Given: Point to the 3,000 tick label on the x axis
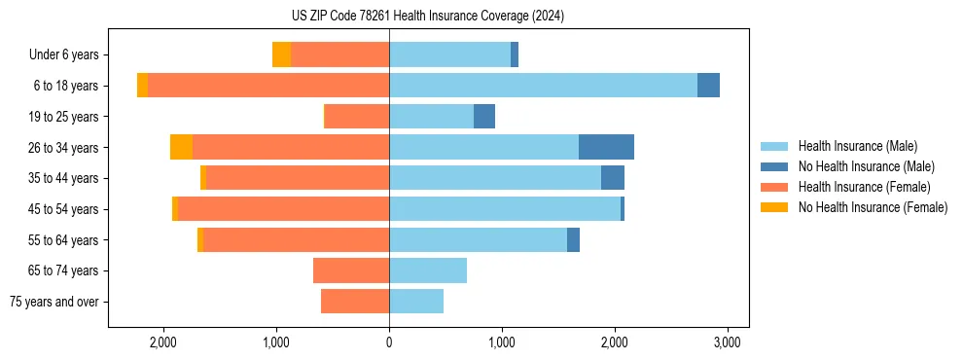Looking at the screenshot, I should point(728,342).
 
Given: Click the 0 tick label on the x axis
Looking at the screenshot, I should point(389,342).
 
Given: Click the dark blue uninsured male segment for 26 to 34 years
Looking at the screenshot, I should point(606,147).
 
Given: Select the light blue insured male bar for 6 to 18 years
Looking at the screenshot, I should point(543,86).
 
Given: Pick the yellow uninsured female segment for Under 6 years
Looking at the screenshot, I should point(281,54).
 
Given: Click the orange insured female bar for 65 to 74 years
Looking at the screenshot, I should point(351,270).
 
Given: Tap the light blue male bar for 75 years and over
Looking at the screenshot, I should point(416,302).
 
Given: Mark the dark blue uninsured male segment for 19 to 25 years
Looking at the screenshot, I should point(484,117).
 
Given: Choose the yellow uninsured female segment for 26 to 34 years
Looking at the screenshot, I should point(181,147).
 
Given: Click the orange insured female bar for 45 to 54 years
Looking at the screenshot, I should point(283,209).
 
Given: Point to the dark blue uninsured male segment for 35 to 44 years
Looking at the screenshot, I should point(613,178).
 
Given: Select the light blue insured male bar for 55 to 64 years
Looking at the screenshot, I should point(478,239).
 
